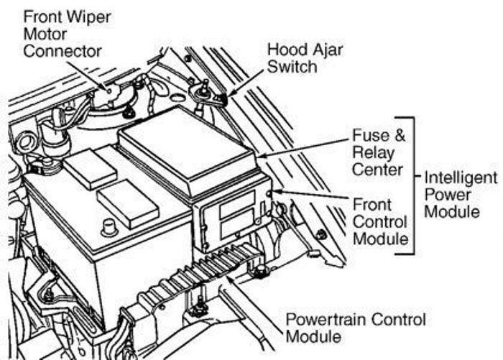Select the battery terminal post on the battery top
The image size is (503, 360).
(109, 228)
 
